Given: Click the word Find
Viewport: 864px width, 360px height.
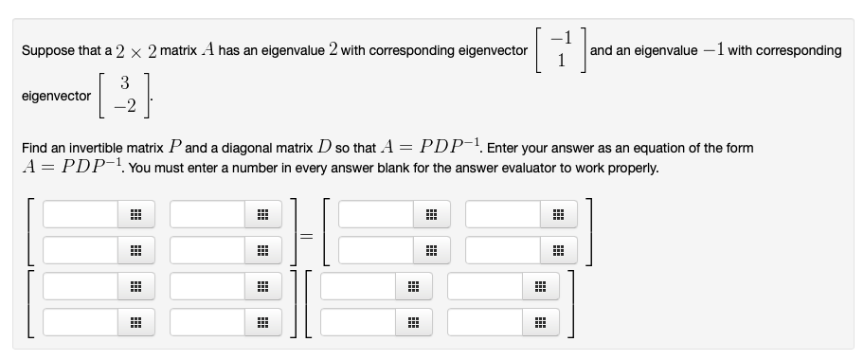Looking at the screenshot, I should click(x=35, y=150).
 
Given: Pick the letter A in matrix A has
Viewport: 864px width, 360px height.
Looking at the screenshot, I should click(x=207, y=50).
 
